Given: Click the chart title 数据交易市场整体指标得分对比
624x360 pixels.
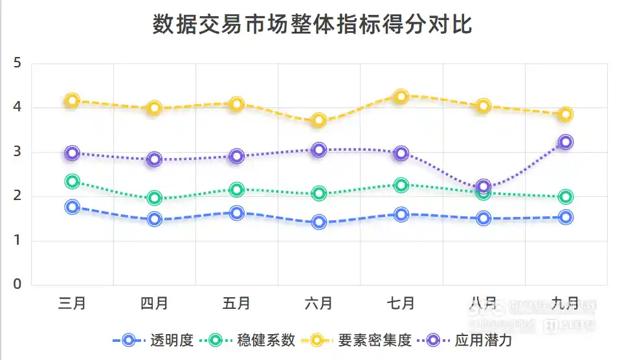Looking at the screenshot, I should (x=313, y=25).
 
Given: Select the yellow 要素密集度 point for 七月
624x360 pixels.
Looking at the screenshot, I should (x=401, y=96).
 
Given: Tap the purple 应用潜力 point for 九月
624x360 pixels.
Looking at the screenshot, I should (x=566, y=142).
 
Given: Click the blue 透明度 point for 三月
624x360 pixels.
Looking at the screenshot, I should (x=72, y=207).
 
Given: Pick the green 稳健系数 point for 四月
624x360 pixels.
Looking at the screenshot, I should (x=154, y=198).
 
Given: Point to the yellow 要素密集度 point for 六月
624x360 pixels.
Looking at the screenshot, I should (x=318, y=120).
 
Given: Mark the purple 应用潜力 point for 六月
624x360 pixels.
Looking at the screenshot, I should (x=318, y=150).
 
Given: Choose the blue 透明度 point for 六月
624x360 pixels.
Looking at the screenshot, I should (x=318, y=222).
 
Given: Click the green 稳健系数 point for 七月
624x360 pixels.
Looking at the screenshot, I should (x=401, y=185).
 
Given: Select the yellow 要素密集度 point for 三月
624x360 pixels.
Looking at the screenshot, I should (x=72, y=100).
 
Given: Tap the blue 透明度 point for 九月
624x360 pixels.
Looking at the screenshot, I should (x=566, y=218).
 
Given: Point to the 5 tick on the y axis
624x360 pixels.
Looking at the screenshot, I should (x=18, y=63).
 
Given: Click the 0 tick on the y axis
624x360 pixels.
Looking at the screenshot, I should (x=18, y=284).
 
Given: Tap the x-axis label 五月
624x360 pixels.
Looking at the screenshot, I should (x=236, y=303).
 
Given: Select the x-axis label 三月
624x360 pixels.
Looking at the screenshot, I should (x=72, y=303).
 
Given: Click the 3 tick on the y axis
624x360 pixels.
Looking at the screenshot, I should (x=18, y=152).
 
